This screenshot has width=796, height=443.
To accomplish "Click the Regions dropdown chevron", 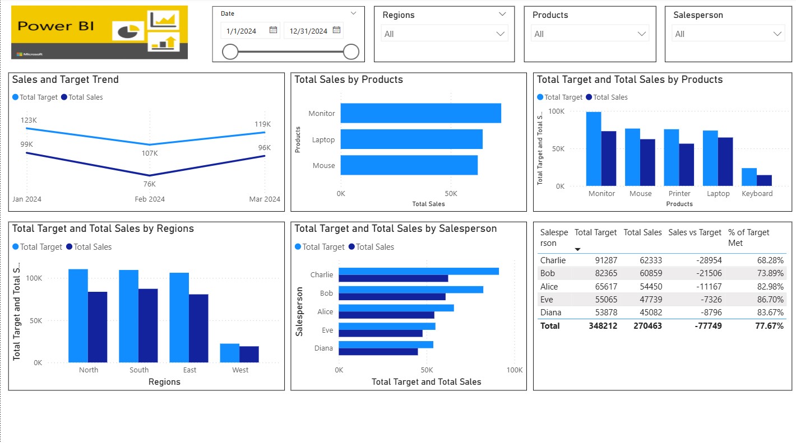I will [x=501, y=34].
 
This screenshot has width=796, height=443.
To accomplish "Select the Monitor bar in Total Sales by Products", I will [x=420, y=113].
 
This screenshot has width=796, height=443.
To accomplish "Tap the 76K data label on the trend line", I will [x=150, y=184].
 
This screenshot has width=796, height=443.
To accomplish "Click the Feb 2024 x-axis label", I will [x=150, y=199].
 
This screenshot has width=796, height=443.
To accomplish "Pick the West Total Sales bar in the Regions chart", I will [x=249, y=355].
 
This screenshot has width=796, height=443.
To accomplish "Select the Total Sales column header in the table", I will [x=642, y=232].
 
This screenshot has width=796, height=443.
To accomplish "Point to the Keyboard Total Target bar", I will [x=749, y=177].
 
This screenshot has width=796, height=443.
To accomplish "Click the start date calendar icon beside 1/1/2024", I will [x=274, y=30].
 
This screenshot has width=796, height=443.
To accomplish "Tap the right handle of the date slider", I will [x=351, y=52].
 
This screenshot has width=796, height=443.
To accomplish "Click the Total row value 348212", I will [x=603, y=326].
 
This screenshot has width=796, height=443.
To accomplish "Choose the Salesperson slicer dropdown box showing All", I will [x=728, y=34].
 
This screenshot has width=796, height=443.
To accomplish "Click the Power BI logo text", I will [x=55, y=26].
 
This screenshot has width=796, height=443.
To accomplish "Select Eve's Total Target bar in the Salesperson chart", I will [x=387, y=326].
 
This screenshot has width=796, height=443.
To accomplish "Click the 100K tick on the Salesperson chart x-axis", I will [x=514, y=370].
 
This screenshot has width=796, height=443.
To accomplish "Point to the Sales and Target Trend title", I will [x=66, y=80].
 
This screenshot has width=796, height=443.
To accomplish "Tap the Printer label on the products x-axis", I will [x=679, y=194].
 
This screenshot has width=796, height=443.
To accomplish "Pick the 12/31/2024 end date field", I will [x=308, y=31].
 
